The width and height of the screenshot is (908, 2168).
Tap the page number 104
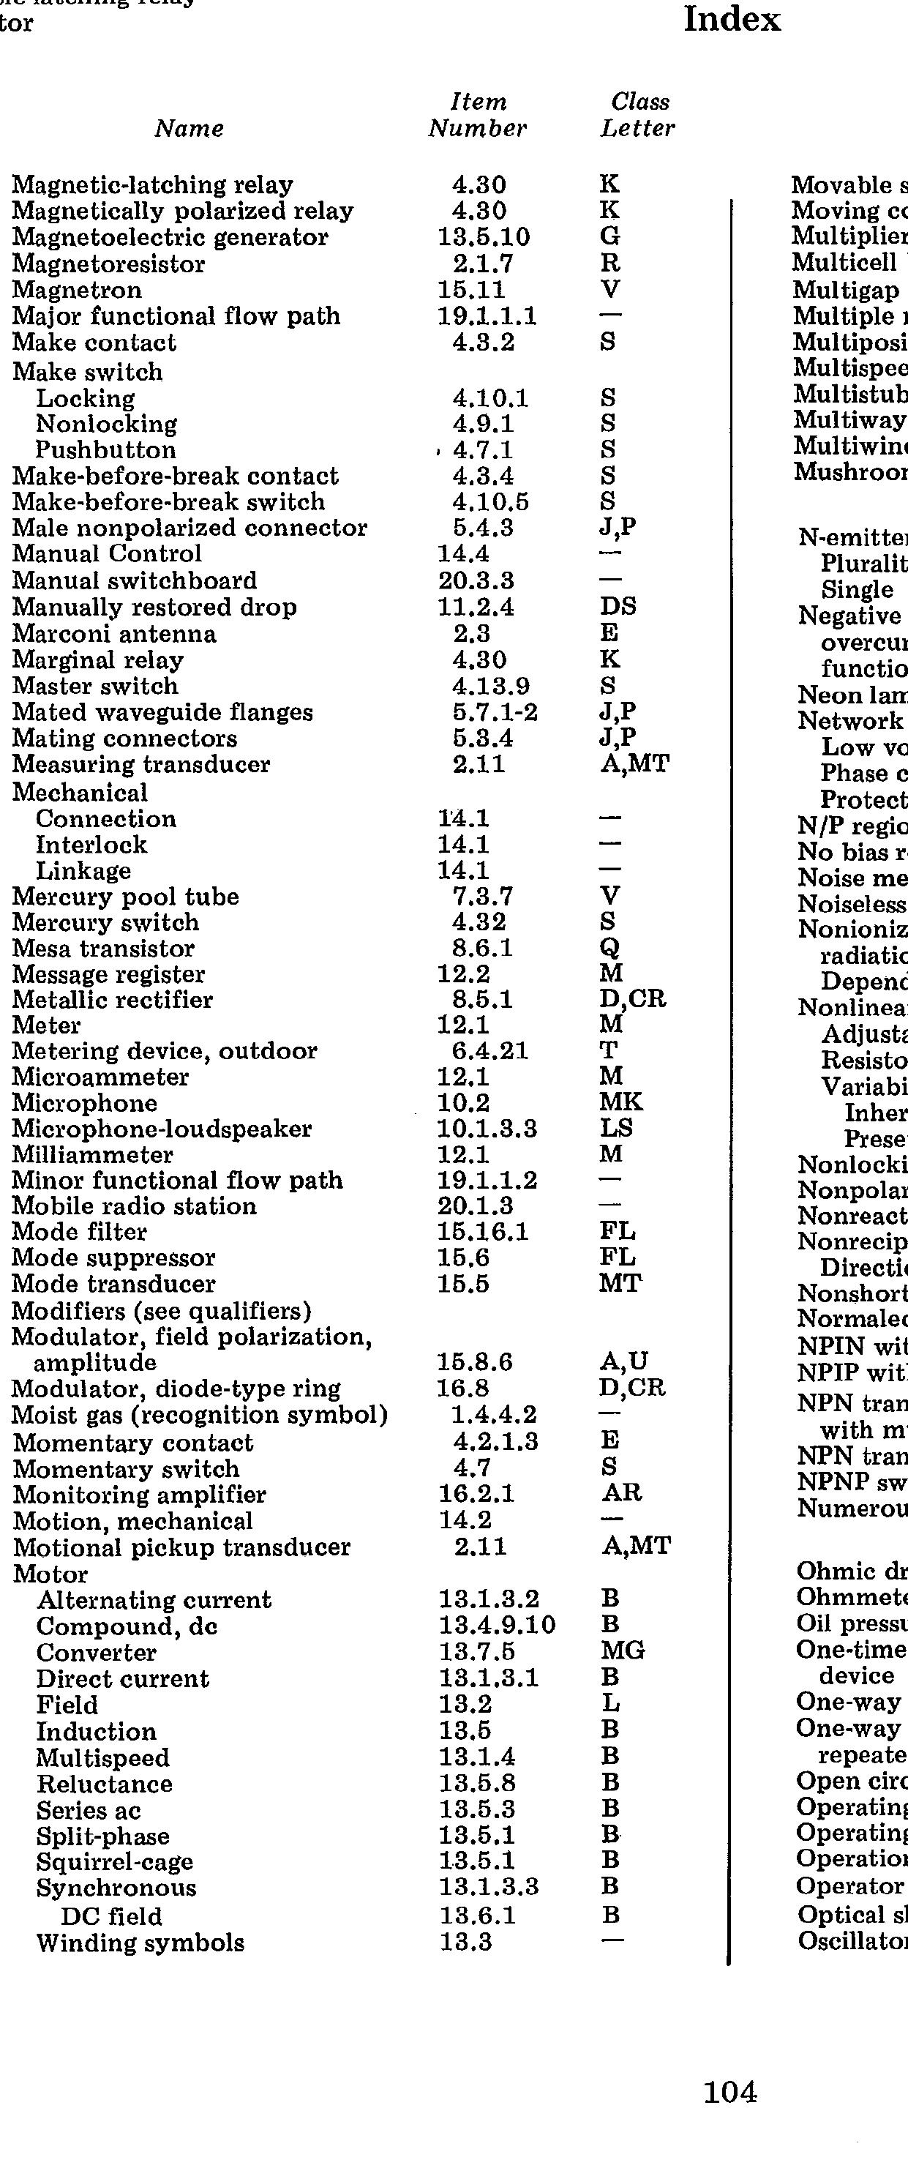(729, 2116)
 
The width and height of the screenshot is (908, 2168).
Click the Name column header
(190, 129)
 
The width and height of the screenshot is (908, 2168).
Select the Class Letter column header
(638, 116)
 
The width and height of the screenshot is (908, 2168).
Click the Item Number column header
(477, 116)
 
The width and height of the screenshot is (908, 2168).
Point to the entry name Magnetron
(77, 291)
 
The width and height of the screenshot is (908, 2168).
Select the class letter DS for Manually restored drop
(618, 607)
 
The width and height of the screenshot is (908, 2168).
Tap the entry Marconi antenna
(113, 634)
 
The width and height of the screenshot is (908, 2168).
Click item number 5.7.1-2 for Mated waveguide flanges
(495, 712)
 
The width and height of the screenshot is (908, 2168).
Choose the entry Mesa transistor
(102, 949)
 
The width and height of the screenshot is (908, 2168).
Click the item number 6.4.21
(489, 1051)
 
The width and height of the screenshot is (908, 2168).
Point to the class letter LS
(616, 1129)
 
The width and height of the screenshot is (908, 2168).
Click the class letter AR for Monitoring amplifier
(621, 1495)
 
